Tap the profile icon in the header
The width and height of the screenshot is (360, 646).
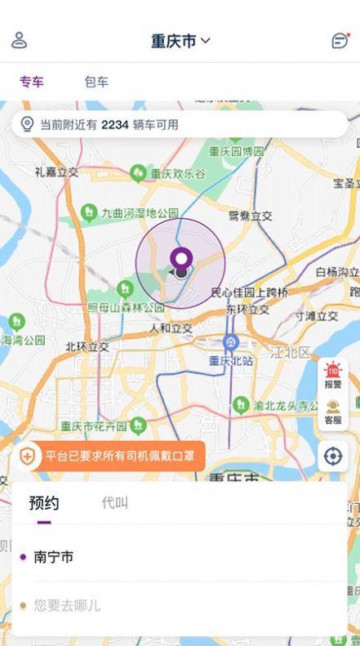(20, 40)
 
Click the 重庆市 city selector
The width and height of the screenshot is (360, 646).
(180, 41)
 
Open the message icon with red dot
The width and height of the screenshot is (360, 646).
(340, 41)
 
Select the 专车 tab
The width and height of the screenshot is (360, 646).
(32, 82)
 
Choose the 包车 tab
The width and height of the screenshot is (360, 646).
(96, 82)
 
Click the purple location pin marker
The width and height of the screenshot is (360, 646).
(180, 261)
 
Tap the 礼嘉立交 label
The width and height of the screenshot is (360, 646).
(56, 172)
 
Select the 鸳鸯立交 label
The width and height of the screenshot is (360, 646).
(250, 216)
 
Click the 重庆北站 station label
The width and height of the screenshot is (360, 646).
(230, 360)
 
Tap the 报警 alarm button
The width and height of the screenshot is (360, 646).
(333, 376)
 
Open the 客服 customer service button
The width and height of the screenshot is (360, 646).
(333, 412)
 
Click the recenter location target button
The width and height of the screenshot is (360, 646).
(333, 456)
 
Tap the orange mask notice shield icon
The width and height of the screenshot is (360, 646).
(28, 457)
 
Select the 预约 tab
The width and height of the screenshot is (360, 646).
(44, 503)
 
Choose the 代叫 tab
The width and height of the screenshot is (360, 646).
(115, 503)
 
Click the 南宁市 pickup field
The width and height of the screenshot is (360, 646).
(54, 557)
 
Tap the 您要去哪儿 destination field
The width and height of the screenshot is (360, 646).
(67, 605)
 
